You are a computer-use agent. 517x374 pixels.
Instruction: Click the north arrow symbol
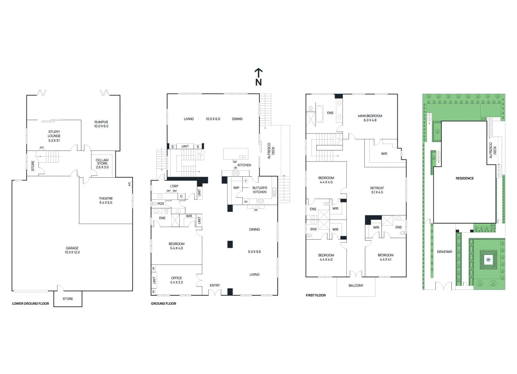(258, 77)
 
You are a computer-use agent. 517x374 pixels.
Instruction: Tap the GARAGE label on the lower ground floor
(72, 248)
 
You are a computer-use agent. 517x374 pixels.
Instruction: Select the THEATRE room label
(106, 198)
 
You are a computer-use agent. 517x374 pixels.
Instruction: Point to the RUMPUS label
(101, 122)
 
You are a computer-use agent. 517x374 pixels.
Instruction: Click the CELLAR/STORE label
(102, 162)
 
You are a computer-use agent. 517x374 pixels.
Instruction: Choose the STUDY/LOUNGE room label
(54, 134)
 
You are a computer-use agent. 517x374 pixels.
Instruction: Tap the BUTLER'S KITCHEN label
(259, 190)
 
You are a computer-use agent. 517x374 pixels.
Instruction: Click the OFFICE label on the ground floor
(176, 278)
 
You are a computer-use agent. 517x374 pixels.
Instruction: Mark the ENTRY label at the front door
(215, 285)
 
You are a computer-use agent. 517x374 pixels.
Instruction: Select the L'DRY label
(174, 186)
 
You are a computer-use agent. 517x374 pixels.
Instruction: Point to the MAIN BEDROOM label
(370, 116)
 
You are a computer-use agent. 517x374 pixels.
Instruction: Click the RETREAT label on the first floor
(377, 188)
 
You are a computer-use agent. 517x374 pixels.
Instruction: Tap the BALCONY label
(356, 286)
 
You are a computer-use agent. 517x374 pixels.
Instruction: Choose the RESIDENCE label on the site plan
(464, 178)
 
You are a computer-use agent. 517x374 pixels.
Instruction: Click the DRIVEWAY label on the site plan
(445, 252)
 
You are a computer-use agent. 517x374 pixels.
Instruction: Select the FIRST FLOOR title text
(316, 295)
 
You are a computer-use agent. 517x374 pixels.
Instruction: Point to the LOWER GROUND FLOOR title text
(30, 304)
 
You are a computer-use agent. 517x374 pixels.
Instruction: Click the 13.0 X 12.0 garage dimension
(72, 252)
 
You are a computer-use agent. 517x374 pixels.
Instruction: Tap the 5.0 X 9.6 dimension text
(254, 252)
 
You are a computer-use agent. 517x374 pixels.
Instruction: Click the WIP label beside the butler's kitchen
(236, 188)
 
